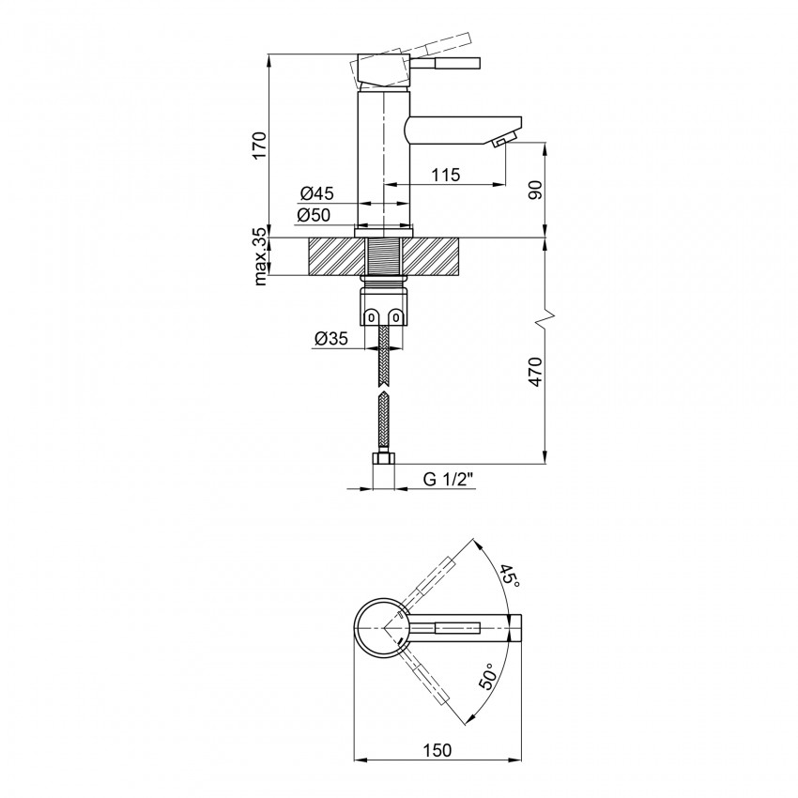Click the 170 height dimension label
pos(260,146)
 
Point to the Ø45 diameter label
pos(316,193)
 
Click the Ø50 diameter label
pos(316,216)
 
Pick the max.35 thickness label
pos(260,258)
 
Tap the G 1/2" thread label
pos(448,479)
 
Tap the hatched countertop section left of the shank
pos(332,257)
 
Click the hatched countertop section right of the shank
pos(435,257)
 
